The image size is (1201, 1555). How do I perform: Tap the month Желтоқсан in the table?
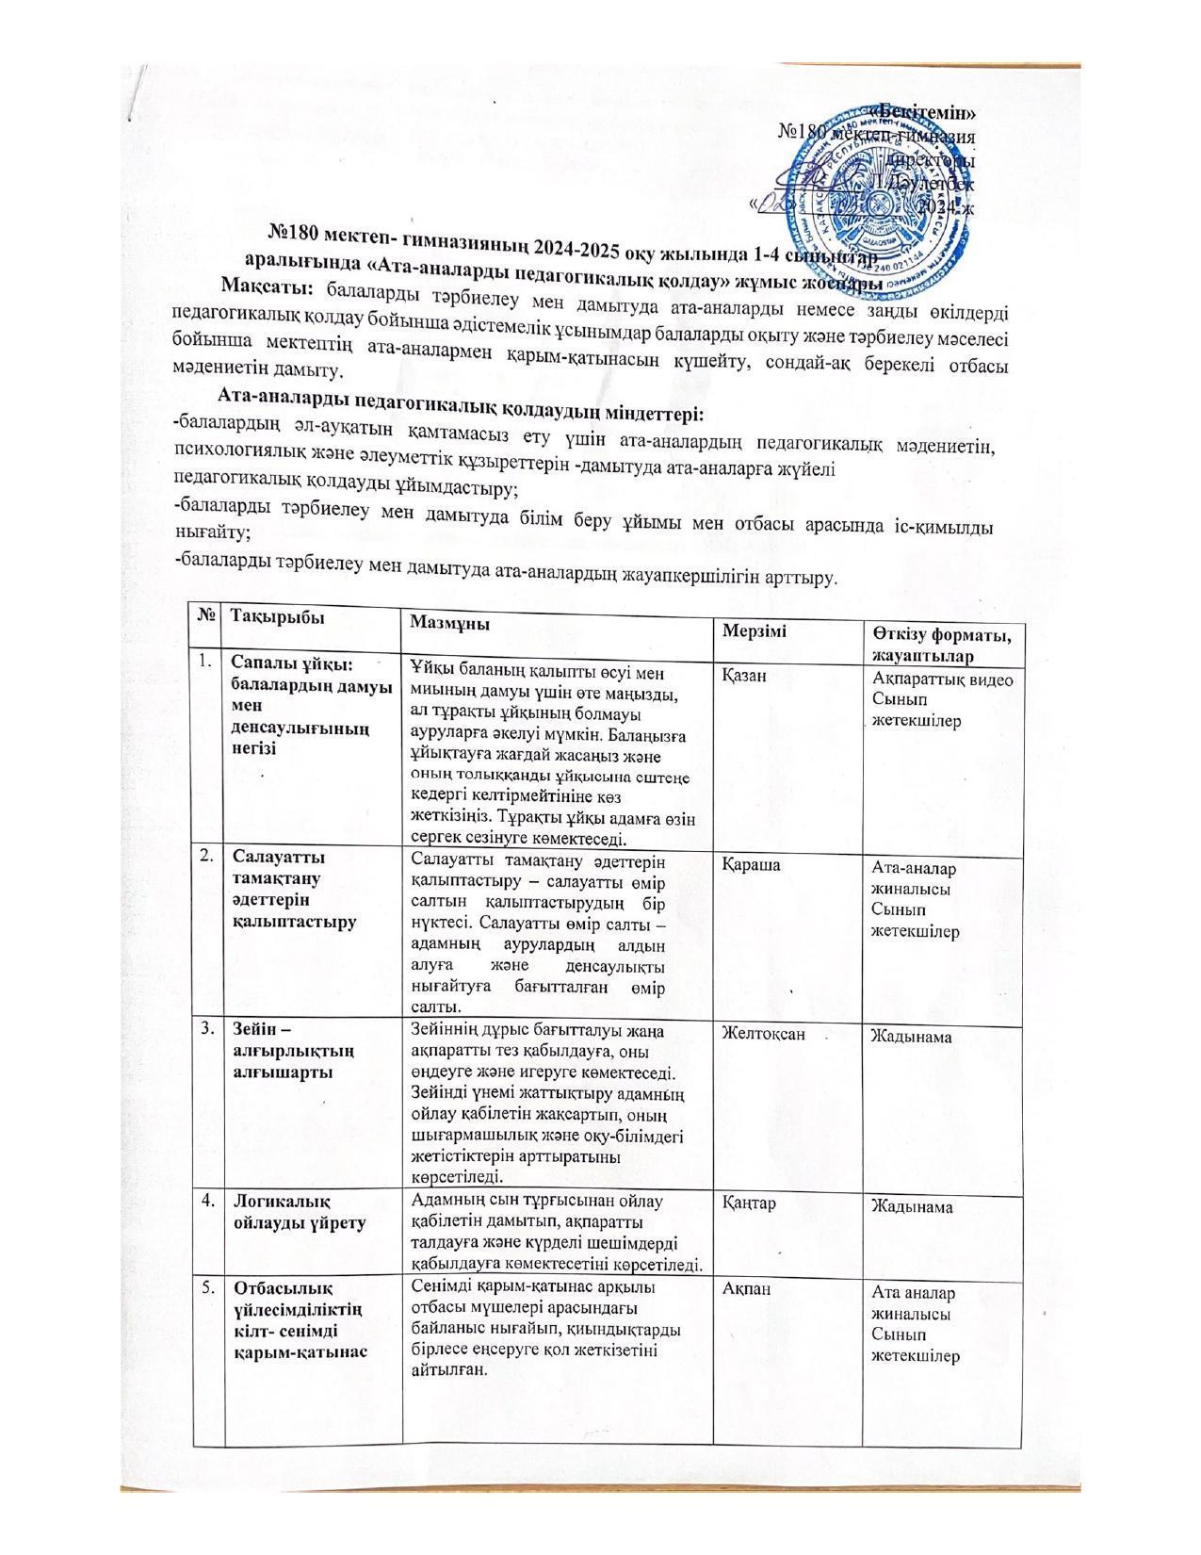763,1033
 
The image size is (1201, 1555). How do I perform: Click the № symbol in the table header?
206,613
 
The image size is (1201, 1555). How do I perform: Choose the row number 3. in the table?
206,1026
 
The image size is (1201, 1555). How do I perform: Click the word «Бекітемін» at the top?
925,112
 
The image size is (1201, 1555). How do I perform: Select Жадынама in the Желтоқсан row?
911,1037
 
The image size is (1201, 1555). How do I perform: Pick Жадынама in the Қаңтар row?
911,1206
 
